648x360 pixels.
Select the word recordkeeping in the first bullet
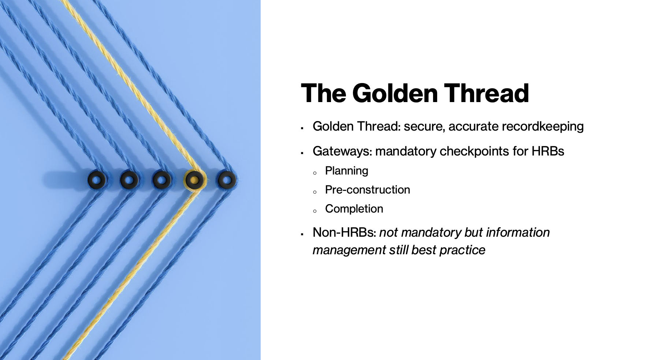point(543,127)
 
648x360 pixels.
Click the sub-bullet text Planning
point(346,171)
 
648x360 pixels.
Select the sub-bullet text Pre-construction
point(367,190)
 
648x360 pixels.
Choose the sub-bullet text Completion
point(354,209)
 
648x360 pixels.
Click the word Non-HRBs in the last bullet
point(344,233)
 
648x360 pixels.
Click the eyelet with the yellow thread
point(194,180)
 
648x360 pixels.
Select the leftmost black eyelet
point(97,180)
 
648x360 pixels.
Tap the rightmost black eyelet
point(227,180)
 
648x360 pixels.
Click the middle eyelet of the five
point(162,180)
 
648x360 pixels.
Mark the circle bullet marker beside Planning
point(314,173)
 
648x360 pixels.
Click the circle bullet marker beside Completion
point(314,211)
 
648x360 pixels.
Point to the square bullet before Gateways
point(302,153)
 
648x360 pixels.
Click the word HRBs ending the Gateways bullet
point(548,151)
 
